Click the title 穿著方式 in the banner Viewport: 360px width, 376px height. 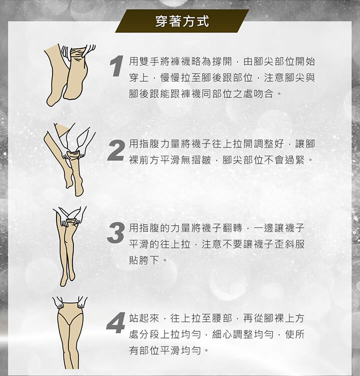(x=182, y=21)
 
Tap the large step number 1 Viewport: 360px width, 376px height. (x=116, y=66)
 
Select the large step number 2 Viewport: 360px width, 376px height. (x=116, y=151)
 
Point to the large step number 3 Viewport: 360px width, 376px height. (x=116, y=233)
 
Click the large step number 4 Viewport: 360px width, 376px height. (x=116, y=323)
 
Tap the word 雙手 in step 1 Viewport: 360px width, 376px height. (x=144, y=61)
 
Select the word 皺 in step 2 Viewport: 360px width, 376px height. (x=206, y=160)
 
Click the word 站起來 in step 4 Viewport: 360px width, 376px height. (x=144, y=318)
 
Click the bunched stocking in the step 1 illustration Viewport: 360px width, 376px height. (x=78, y=54)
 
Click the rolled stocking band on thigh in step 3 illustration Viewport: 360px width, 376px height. (x=71, y=221)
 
